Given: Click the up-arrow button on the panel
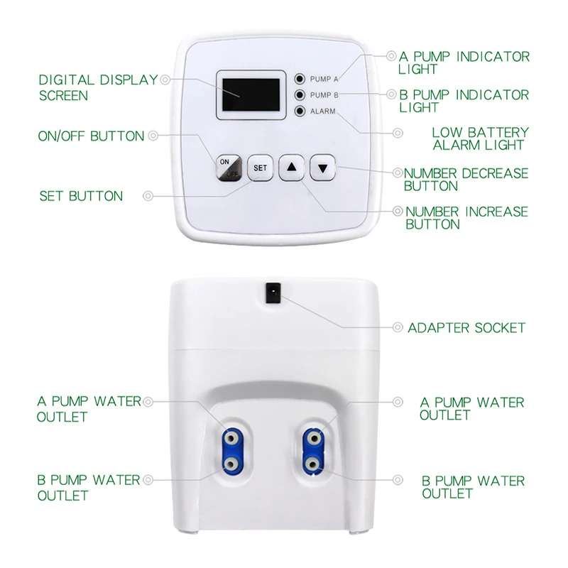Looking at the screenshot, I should (x=293, y=168).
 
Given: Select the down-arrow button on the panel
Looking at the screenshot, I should (x=323, y=168).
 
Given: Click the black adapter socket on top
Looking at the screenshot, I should (x=271, y=290).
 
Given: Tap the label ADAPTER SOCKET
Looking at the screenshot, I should (x=466, y=328).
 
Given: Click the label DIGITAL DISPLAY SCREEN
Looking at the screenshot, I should (x=97, y=87).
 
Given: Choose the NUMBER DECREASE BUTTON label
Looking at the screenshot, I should (x=466, y=180).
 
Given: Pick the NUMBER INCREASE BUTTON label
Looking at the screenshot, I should (x=466, y=218).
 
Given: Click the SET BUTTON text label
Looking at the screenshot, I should (x=81, y=196).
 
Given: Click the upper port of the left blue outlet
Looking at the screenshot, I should (x=231, y=438).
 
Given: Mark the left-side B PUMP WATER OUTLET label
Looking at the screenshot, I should (x=89, y=487).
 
